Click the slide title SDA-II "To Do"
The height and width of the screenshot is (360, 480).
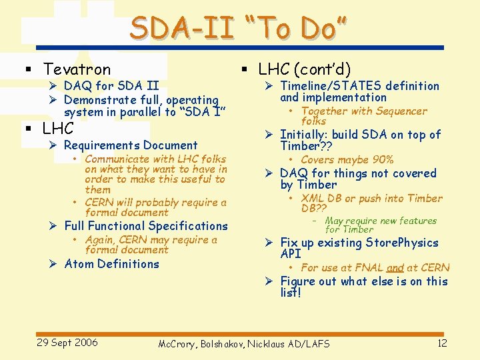point(239,29)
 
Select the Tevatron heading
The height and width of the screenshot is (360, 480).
point(77,69)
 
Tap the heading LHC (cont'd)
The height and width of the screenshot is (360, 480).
point(305,69)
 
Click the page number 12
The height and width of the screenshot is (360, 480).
point(441,343)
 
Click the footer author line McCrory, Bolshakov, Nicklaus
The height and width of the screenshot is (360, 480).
point(243,344)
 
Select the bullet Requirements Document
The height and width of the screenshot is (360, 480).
point(131,145)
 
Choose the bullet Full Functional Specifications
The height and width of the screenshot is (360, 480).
point(146,226)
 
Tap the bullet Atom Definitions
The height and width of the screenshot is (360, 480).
point(111,264)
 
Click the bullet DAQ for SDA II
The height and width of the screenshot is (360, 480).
point(111,86)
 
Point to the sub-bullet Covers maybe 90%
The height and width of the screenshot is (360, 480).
point(347,160)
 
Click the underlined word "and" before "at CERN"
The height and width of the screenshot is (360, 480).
point(395,268)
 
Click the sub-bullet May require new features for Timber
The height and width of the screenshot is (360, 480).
point(380,225)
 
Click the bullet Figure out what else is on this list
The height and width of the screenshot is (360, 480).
point(363,287)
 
